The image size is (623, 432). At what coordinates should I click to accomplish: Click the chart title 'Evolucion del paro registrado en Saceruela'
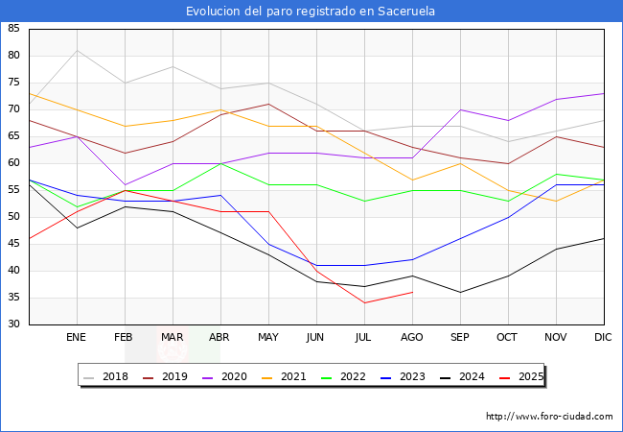point(311,11)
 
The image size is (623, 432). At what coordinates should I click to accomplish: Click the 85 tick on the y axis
point(13,29)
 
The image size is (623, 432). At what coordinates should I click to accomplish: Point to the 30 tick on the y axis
point(13,324)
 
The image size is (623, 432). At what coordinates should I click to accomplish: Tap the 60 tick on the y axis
point(13,163)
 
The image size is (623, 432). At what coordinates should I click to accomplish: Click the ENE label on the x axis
point(77,338)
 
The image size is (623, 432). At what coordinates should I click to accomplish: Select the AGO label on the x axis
point(412,338)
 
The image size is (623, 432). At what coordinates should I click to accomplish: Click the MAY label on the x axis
point(268,338)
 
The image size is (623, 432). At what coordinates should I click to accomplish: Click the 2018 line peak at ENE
point(77,51)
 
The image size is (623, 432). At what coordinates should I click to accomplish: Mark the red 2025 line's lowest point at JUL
point(364,302)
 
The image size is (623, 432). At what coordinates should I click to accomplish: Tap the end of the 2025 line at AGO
point(412,292)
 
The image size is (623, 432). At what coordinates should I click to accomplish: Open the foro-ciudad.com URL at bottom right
point(549,417)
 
